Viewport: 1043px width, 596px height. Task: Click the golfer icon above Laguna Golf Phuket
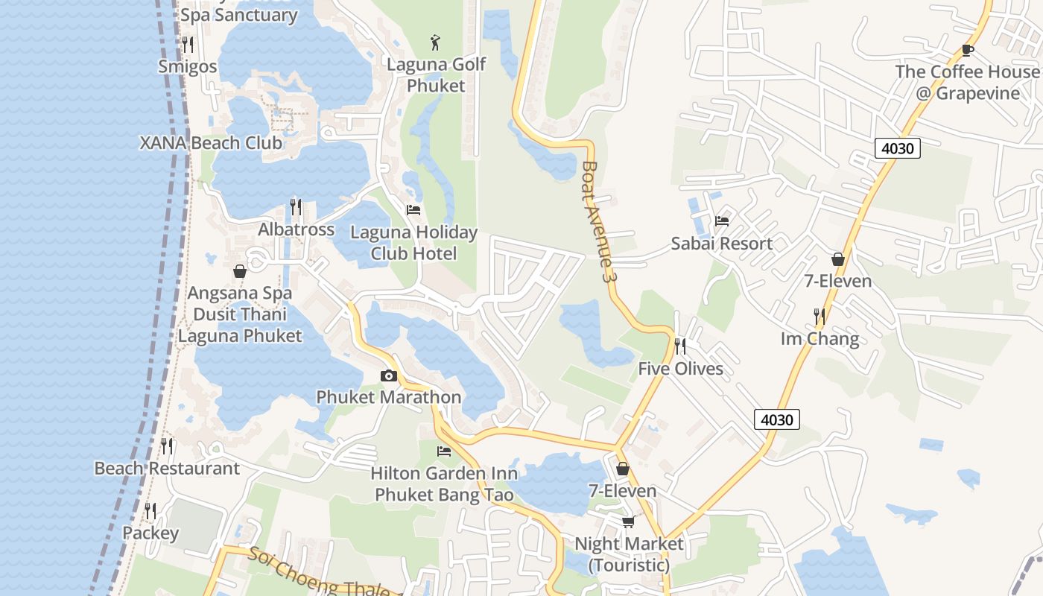point(436,41)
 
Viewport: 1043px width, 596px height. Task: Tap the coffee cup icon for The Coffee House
point(967,50)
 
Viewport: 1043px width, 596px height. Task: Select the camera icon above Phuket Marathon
point(388,376)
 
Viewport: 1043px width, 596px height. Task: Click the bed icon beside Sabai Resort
point(721,221)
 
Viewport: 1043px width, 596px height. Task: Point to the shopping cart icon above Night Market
point(628,521)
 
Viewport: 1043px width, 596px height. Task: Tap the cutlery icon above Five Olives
point(679,346)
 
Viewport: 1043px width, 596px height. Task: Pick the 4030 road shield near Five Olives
point(776,420)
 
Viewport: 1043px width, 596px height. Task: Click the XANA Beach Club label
point(211,143)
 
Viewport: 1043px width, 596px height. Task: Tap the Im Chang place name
point(819,339)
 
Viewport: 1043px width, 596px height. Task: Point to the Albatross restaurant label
point(296,229)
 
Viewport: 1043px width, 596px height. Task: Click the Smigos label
point(187,66)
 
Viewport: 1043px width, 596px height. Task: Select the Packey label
point(150,533)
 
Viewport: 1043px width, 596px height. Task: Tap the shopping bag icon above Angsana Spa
point(240,271)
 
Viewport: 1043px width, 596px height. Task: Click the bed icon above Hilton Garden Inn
point(444,451)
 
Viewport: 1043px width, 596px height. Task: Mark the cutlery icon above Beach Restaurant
point(167,446)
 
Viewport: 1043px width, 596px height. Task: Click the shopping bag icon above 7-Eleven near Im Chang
point(838,259)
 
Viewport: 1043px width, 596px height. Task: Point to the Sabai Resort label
point(721,244)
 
